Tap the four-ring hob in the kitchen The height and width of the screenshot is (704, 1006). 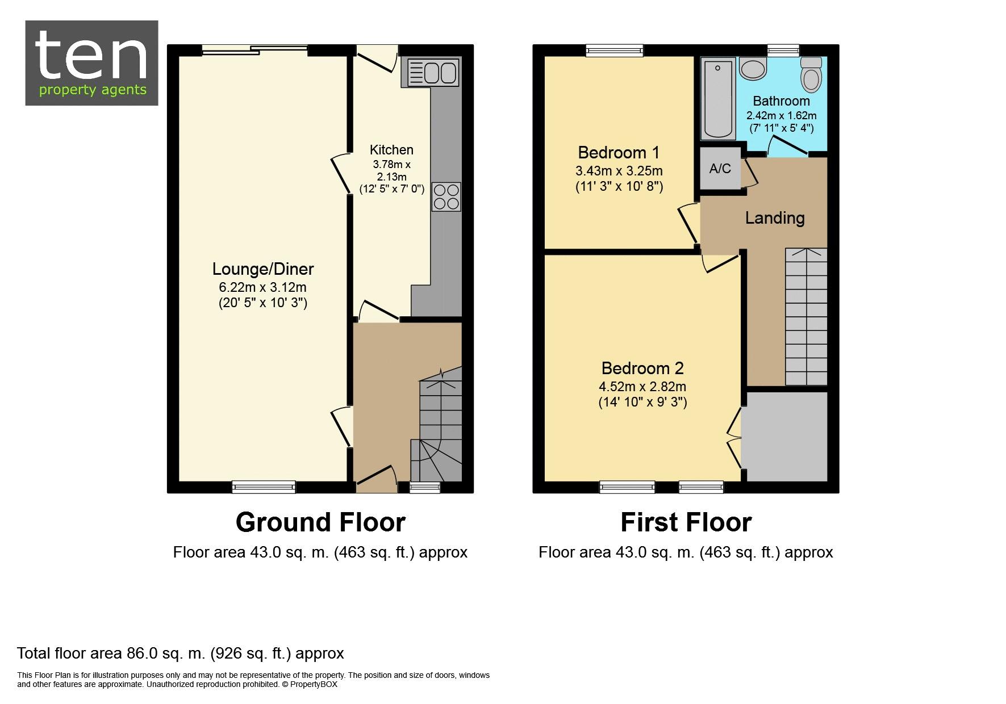point(446,196)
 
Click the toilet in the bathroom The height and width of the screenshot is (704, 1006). point(811,74)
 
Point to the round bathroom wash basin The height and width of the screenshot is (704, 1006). point(754,69)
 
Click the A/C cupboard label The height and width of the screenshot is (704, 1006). point(720,169)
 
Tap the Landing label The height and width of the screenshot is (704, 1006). point(775,218)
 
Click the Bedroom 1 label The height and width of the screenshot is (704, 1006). point(619,152)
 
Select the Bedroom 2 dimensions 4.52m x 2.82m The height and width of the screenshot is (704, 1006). point(642,387)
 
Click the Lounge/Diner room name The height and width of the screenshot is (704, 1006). point(263,269)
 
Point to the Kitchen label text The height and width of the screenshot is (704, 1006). point(391,150)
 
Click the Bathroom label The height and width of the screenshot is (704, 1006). point(781,101)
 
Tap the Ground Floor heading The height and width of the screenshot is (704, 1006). point(320,522)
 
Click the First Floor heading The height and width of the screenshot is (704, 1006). point(686,522)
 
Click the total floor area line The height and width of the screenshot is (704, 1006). point(181,653)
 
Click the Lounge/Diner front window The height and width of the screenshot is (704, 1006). point(264,487)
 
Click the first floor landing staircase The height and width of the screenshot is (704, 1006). point(806,317)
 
